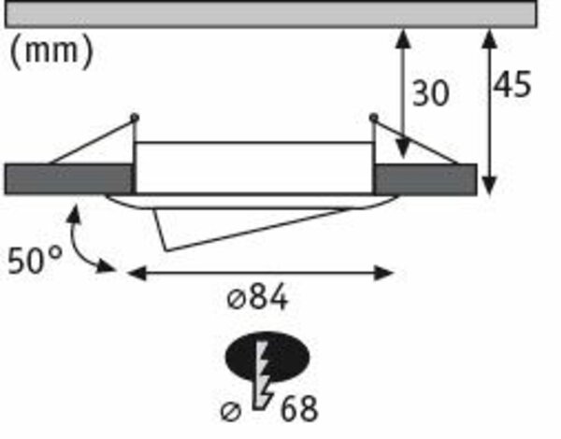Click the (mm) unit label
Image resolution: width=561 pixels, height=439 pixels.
click(51, 51)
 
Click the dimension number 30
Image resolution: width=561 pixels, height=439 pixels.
click(431, 93)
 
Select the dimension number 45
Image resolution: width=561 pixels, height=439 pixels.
click(512, 84)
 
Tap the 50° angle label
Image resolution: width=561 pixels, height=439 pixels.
click(35, 261)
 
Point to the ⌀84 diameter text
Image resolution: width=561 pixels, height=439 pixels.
click(258, 297)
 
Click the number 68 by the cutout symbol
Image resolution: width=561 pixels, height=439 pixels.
click(299, 408)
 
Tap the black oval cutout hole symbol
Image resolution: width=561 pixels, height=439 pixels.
click(267, 357)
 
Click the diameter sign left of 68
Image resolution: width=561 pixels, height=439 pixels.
click(231, 412)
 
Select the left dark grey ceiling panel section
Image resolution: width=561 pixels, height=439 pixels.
click(69, 179)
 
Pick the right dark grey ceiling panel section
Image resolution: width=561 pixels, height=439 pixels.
click(425, 179)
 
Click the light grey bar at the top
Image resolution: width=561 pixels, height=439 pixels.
click(271, 14)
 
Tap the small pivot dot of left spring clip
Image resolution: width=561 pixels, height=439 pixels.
click(135, 117)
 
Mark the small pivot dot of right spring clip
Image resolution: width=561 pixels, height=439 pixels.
click(373, 117)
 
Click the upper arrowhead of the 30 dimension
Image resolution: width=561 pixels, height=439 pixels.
click(404, 38)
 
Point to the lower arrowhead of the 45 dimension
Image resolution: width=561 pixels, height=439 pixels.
click(489, 186)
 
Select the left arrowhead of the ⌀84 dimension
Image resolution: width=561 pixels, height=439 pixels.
click(137, 274)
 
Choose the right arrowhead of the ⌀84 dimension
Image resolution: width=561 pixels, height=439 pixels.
click(383, 274)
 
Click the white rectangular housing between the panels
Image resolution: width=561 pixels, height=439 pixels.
click(254, 168)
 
